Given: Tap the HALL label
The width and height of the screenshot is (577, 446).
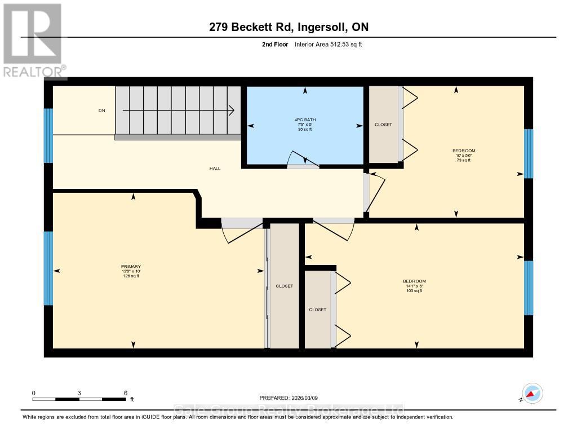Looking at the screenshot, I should pos(215,168).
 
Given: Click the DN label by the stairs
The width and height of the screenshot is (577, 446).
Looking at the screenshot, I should pos(102,111).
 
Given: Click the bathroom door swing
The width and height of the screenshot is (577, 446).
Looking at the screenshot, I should pos(303,159).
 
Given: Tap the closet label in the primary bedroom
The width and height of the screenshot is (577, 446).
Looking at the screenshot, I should pos(284,286).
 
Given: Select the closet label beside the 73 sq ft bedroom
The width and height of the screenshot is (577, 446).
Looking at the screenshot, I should pos(383,125).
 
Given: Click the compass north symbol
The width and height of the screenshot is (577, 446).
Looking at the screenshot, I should pos(532,392).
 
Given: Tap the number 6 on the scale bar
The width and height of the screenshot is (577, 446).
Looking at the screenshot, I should pos(125,392).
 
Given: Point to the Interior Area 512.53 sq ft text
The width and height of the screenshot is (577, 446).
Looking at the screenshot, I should pos(328,44).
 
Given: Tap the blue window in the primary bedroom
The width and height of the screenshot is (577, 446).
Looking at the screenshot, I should pos(48,268).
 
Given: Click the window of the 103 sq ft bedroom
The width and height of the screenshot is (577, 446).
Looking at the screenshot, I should pos(528,288).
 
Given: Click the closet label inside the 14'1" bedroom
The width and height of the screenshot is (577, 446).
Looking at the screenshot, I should pos(317,310).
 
